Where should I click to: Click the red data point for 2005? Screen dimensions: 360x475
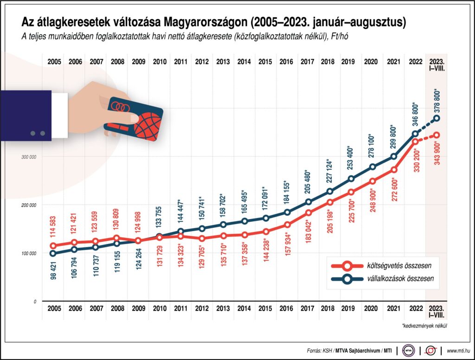(x=53, y=246)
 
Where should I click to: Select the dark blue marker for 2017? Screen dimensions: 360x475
(x=308, y=202)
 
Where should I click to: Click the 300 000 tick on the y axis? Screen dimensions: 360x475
(x=29, y=157)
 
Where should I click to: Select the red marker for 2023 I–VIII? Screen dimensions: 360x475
(x=436, y=135)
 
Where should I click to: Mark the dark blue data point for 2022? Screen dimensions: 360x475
(x=415, y=134)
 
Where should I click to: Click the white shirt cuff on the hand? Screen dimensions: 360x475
(x=59, y=115)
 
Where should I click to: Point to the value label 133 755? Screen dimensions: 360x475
(x=160, y=216)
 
